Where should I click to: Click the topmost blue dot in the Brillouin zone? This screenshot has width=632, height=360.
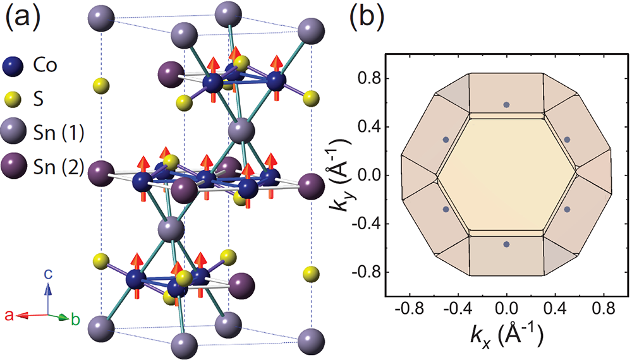point(506,105)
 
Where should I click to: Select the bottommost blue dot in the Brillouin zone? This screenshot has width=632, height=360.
point(506,244)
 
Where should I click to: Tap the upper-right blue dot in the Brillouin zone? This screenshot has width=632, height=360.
point(567,140)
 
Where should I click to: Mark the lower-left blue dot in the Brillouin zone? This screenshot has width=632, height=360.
point(446,209)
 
